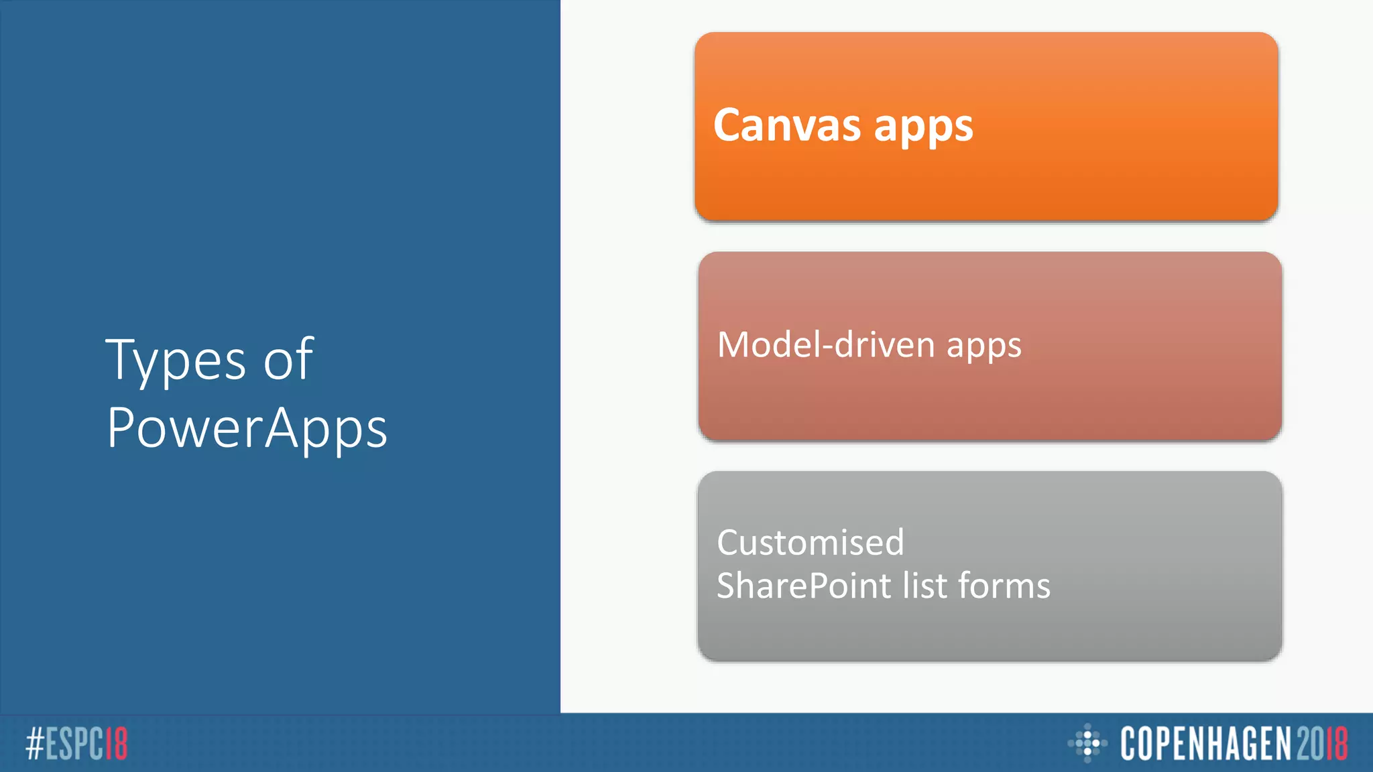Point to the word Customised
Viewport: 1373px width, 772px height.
[810, 542]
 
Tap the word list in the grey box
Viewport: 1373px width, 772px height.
[924, 585]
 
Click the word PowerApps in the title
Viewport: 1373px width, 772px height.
[247, 429]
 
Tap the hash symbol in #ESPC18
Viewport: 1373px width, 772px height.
[35, 744]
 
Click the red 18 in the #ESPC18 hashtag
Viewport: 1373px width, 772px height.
[117, 744]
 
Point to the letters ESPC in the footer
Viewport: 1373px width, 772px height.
[74, 744]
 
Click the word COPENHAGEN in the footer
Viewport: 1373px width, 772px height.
[1205, 744]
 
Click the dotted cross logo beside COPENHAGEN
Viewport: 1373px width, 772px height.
[1087, 743]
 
